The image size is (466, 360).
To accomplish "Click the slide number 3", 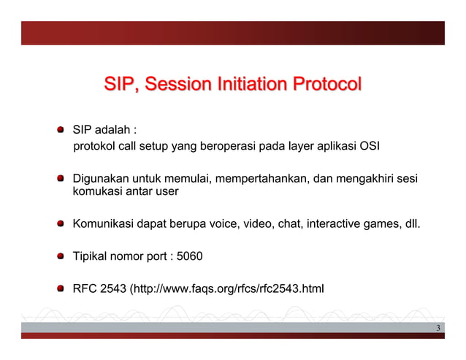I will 438,328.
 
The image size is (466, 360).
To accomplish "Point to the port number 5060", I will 190,256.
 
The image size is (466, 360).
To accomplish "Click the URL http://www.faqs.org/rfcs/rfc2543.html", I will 229,290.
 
